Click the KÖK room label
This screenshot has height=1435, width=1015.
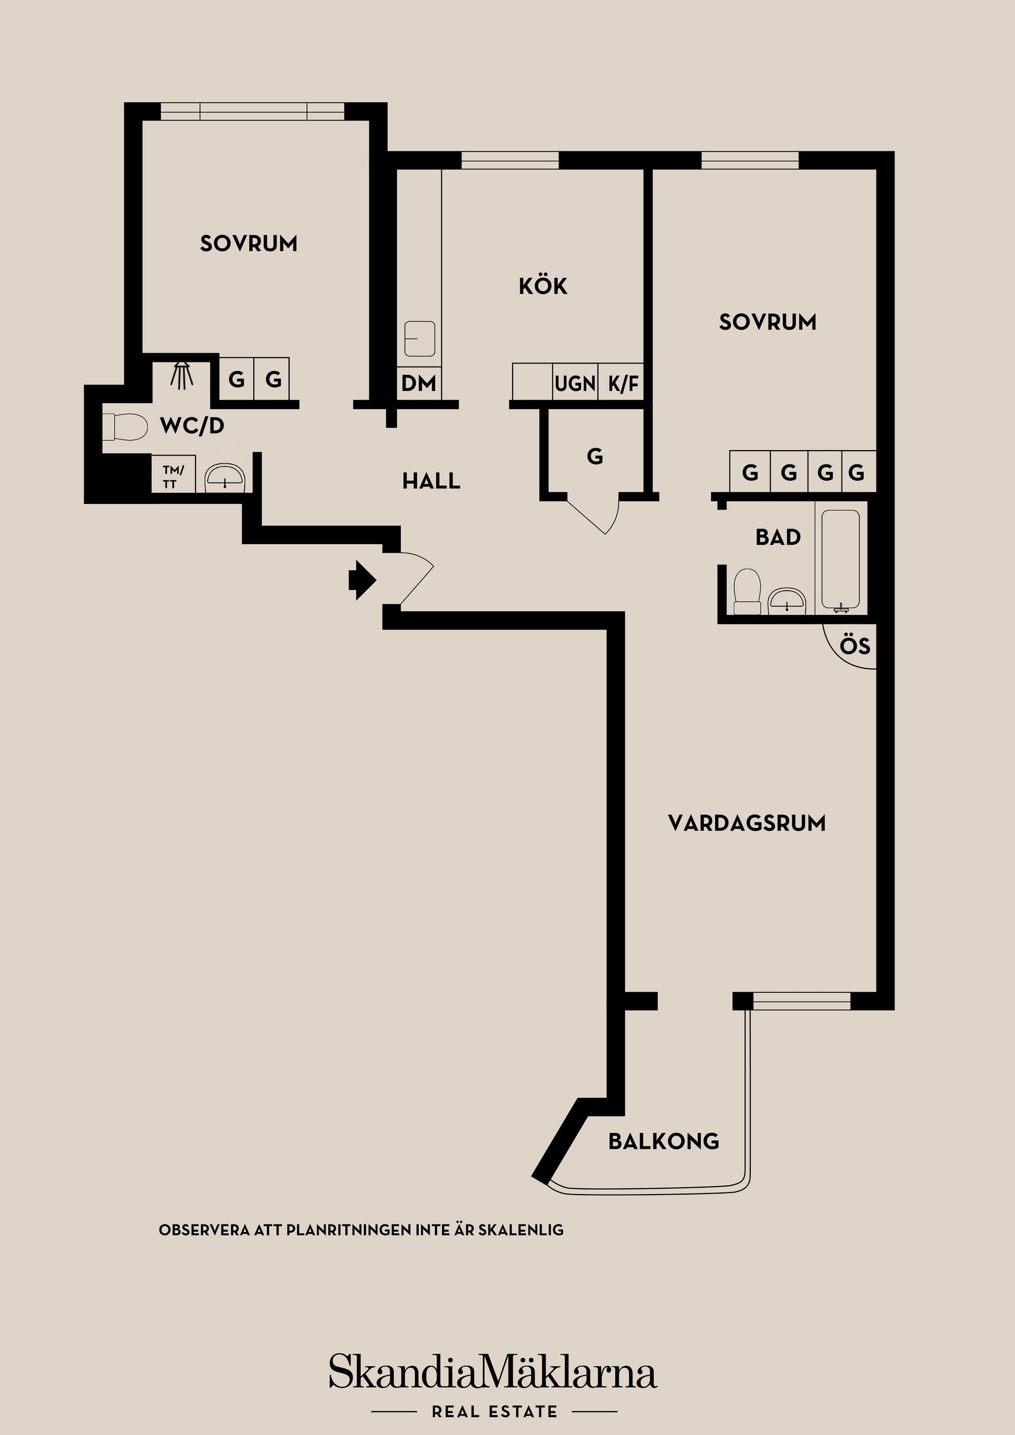543,286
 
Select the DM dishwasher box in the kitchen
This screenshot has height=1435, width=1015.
418,383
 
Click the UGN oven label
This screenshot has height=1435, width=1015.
575,383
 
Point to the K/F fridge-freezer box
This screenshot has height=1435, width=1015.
623,383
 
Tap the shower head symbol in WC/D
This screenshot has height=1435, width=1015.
182,375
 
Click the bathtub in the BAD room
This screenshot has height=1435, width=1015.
841,560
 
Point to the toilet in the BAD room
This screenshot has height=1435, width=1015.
746,591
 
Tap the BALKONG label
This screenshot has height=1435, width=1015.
663,1141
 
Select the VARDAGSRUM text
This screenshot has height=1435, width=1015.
746,823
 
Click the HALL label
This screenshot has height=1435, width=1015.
431,481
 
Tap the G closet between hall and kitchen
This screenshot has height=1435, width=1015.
595,456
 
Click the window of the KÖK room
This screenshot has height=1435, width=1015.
510,161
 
